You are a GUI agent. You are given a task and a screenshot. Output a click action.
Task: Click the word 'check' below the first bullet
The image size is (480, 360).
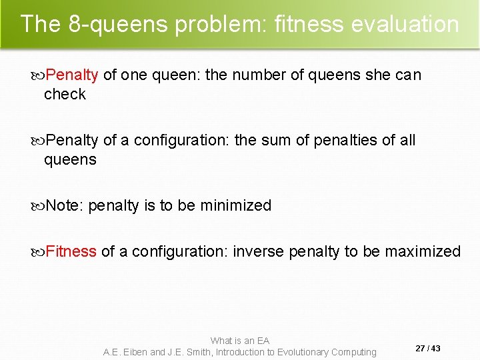(65, 95)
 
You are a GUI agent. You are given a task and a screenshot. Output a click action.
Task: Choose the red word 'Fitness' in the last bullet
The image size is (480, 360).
(71, 251)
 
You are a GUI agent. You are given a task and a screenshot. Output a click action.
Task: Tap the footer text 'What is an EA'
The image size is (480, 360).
(240, 341)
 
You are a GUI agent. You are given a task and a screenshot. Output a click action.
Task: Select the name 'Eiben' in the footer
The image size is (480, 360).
(133, 352)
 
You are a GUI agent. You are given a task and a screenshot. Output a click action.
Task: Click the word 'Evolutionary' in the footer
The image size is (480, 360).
(299, 352)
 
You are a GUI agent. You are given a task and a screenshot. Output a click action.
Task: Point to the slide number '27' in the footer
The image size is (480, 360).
(420, 349)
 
